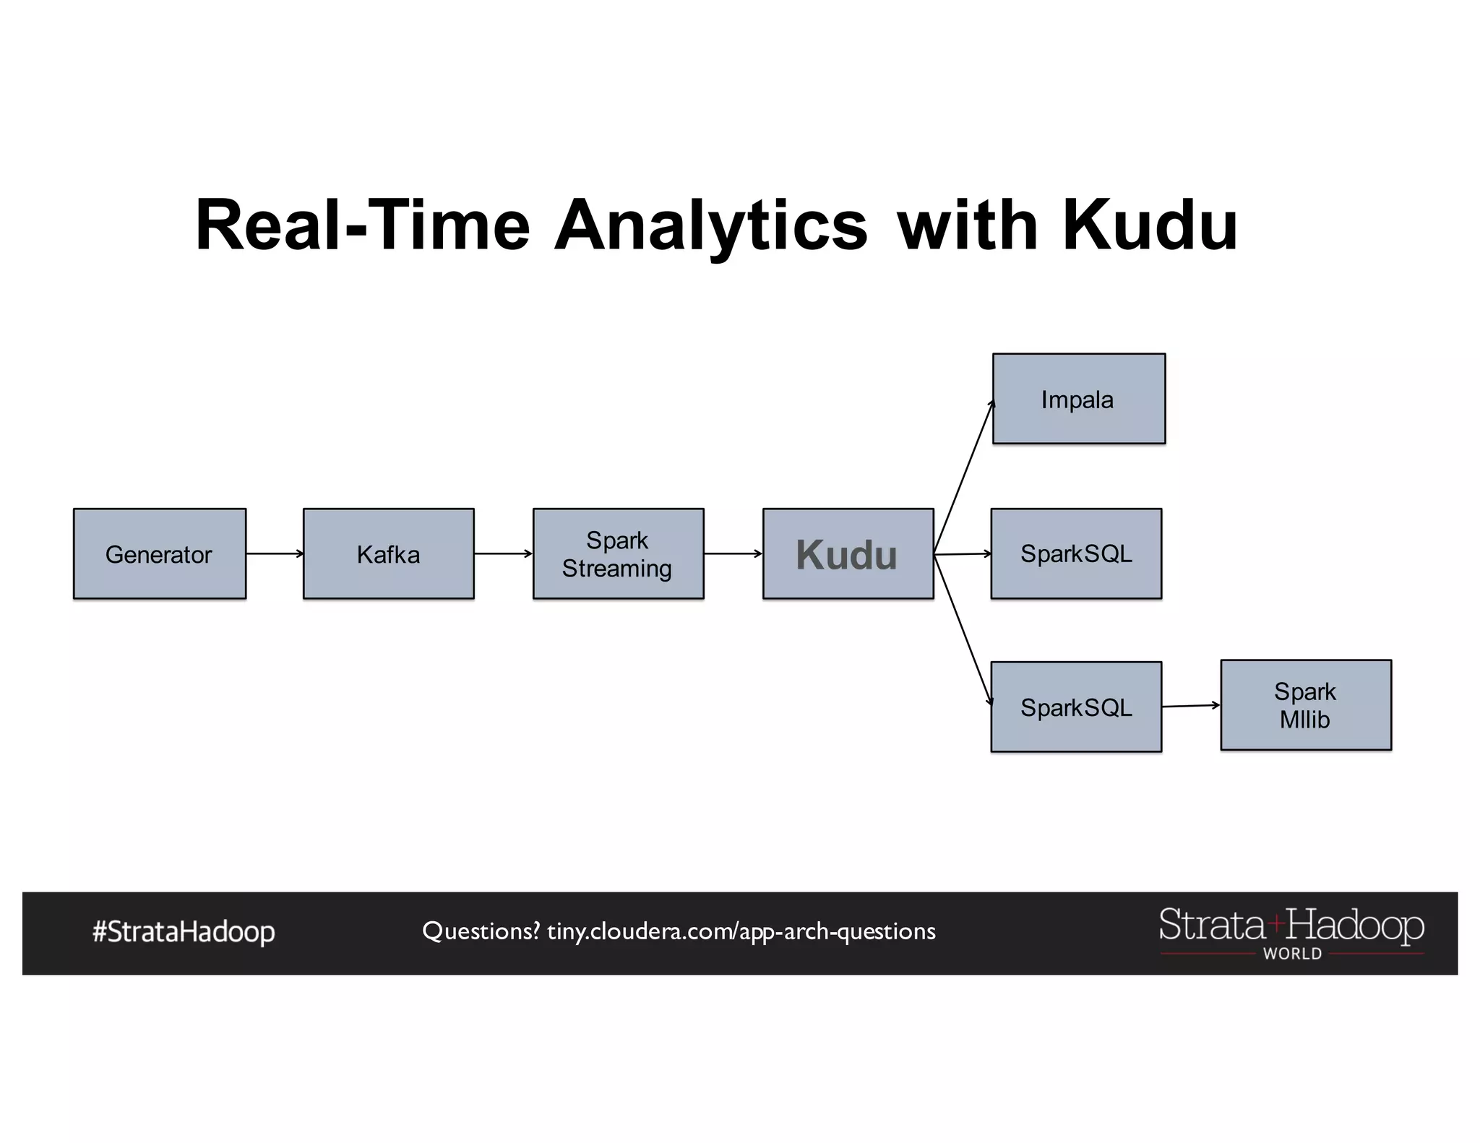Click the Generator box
pyautogui.click(x=159, y=553)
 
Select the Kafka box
pyautogui.click(x=388, y=553)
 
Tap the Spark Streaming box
pyautogui.click(x=618, y=553)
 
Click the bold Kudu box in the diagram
pyautogui.click(x=848, y=553)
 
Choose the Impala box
pyautogui.click(x=1078, y=399)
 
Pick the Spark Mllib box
pyautogui.click(x=1305, y=705)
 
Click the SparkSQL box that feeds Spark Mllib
pyautogui.click(x=1076, y=707)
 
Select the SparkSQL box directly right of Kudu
pyautogui.click(x=1076, y=553)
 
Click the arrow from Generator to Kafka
pyautogui.click(x=275, y=553)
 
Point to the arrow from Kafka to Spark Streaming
pyautogui.click(x=504, y=553)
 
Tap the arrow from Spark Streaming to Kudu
pyautogui.click(x=733, y=553)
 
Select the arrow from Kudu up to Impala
pyautogui.click(x=964, y=477)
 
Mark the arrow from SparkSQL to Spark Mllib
pyautogui.click(x=1191, y=706)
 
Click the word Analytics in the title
pyautogui.click(x=711, y=225)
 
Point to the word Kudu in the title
pyautogui.click(x=1149, y=225)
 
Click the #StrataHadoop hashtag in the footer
pyautogui.click(x=184, y=932)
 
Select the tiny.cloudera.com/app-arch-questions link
pyautogui.click(x=741, y=931)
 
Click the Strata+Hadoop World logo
pyautogui.click(x=1291, y=932)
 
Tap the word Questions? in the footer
pyautogui.click(x=481, y=931)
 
